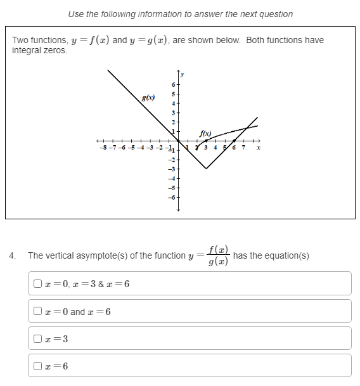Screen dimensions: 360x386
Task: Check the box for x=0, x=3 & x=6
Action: (38, 283)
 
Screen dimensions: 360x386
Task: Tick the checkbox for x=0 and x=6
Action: (38, 311)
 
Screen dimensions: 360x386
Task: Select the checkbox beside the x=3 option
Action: (38, 338)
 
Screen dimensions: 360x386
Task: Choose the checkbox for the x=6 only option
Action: (38, 366)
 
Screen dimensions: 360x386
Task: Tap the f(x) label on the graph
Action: (204, 133)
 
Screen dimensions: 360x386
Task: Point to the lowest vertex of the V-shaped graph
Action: (206, 169)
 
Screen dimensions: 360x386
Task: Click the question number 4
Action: (12, 255)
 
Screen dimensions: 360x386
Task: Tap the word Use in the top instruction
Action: (76, 13)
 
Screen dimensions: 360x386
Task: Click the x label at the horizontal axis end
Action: (259, 148)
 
